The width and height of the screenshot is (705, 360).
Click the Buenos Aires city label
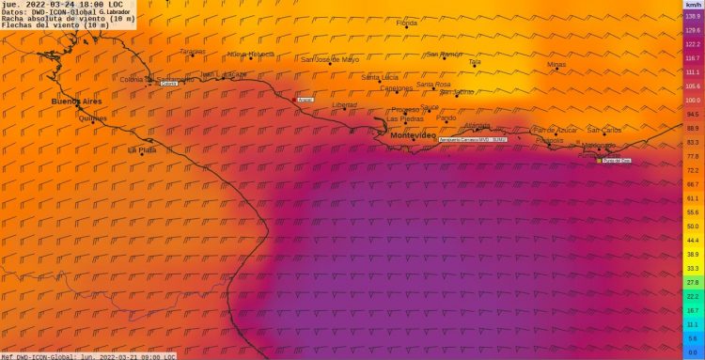[x=76, y=101]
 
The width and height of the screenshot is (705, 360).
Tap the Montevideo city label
[x=413, y=136]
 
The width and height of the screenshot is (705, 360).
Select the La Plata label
[x=142, y=149]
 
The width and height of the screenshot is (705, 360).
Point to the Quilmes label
[x=93, y=118]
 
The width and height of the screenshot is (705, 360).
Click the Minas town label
[x=556, y=65]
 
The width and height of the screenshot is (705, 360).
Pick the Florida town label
[x=407, y=23]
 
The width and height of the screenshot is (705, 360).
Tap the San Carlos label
[x=604, y=130]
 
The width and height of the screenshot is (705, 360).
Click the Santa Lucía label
[x=380, y=77]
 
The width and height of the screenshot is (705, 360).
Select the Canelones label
[x=396, y=88]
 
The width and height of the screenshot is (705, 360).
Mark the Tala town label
[x=475, y=62]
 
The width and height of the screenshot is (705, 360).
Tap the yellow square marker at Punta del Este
[x=599, y=161]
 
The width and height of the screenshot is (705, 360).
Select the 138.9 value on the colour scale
[x=692, y=16]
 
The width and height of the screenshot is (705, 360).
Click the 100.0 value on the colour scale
[x=692, y=100]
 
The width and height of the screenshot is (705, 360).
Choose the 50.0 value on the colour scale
[x=692, y=227]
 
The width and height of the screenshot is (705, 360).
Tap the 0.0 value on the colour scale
[x=692, y=352]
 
